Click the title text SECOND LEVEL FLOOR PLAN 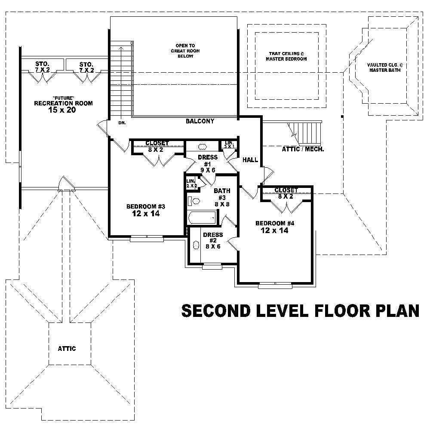[x=300, y=310]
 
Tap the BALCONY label [x=200, y=122]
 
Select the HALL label [x=250, y=160]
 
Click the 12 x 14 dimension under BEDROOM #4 [x=274, y=231]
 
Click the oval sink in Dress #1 [x=202, y=146]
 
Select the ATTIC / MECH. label [x=303, y=150]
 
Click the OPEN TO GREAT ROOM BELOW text [x=185, y=51]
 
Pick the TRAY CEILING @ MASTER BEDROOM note [x=286, y=56]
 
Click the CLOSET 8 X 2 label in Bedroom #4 [x=286, y=193]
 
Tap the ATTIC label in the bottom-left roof [x=67, y=349]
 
